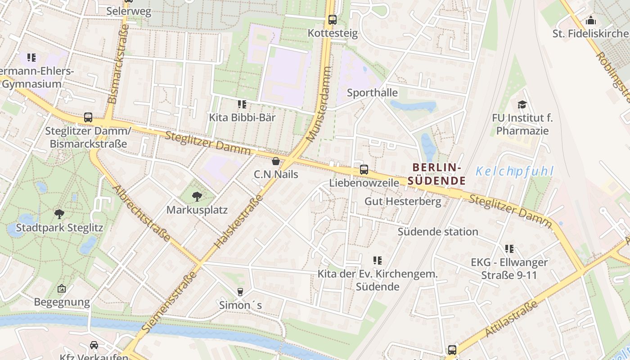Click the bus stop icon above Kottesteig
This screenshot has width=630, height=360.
[x=333, y=20]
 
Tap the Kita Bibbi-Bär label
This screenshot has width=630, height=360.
[x=242, y=117]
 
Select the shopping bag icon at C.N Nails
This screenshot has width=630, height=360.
[x=276, y=161]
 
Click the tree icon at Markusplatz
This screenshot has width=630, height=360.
[x=197, y=196]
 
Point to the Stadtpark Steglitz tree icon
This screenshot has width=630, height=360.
[x=59, y=214]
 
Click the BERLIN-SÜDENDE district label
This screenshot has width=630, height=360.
[x=436, y=174]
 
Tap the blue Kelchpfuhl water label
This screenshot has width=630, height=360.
[x=514, y=171]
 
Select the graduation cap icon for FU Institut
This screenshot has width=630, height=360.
[x=522, y=104]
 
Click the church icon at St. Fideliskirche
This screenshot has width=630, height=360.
[x=591, y=20]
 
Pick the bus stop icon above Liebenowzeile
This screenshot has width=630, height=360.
[x=364, y=170]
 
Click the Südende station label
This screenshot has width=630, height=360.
[x=438, y=232]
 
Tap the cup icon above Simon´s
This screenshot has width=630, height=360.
[x=240, y=292]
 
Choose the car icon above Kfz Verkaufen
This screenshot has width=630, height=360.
[x=94, y=345]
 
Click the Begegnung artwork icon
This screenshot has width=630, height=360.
[x=62, y=288]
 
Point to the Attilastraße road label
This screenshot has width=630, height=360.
[x=511, y=319]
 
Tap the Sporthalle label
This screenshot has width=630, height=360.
[x=372, y=93]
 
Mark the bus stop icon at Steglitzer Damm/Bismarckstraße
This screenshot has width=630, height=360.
[x=88, y=117]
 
